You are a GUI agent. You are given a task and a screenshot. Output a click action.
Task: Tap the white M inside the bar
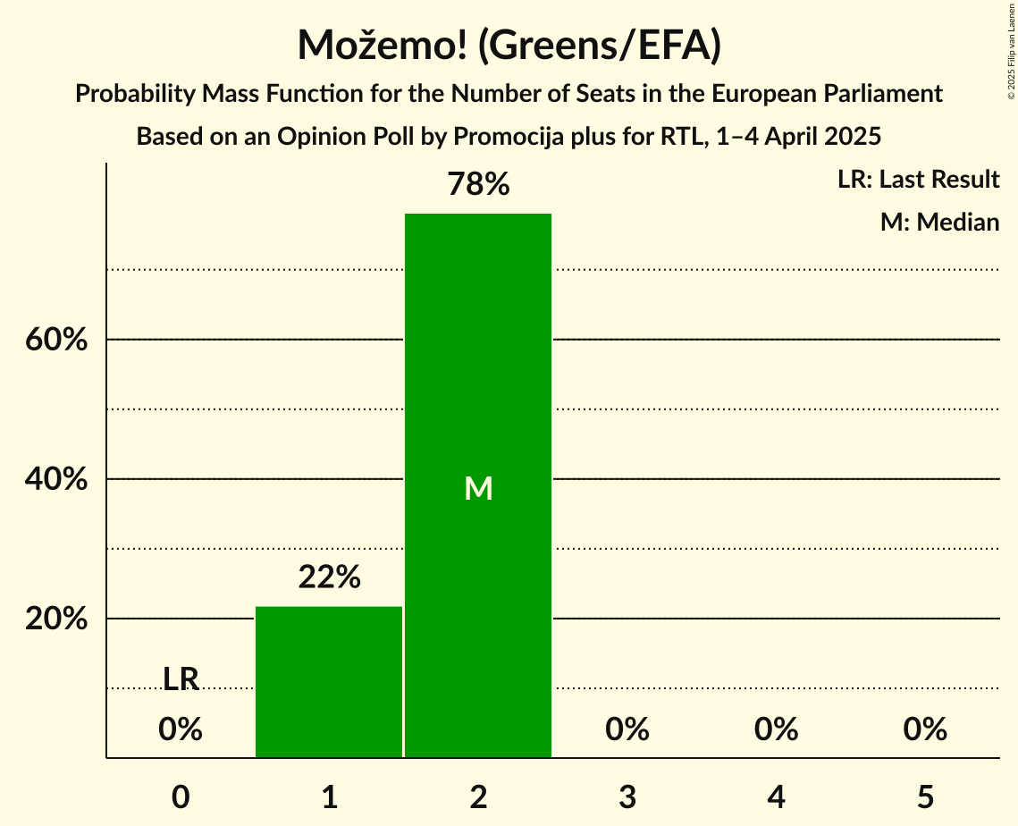pyautogui.click(x=478, y=488)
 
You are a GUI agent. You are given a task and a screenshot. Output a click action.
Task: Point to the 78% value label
pyautogui.click(x=478, y=185)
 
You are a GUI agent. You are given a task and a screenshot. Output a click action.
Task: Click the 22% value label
pyautogui.click(x=329, y=577)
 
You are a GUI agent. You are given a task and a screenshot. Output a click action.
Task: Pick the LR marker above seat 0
pyautogui.click(x=181, y=679)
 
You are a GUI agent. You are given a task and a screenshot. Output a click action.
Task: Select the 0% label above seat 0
pyautogui.click(x=181, y=730)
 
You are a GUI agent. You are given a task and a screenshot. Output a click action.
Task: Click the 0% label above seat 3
pyautogui.click(x=627, y=730)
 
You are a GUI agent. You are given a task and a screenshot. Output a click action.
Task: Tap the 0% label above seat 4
pyautogui.click(x=776, y=730)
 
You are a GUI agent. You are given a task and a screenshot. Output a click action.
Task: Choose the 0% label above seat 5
pyautogui.click(x=925, y=730)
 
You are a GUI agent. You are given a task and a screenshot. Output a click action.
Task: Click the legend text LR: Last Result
pyautogui.click(x=918, y=180)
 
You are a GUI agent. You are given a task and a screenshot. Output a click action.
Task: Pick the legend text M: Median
pyautogui.click(x=939, y=222)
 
